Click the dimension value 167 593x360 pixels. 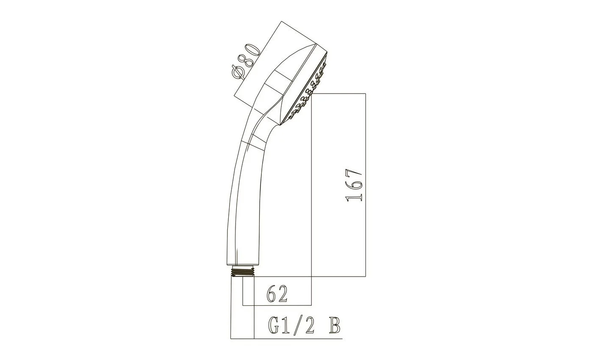[354, 186]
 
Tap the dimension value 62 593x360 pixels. [277, 294]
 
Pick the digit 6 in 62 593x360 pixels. [272, 294]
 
